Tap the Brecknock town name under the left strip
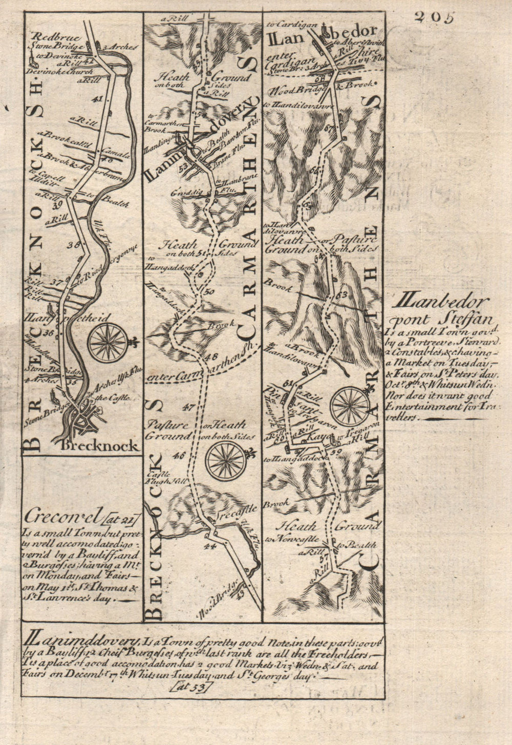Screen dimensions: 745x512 (99, 445)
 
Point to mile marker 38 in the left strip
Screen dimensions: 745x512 (77, 245)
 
